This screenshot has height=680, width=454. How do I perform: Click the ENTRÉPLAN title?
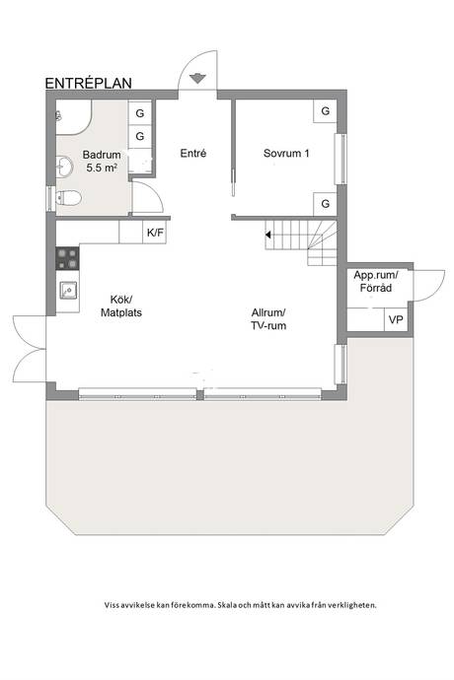pyautogui.click(x=89, y=83)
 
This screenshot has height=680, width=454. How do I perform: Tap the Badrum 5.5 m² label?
pyautogui.click(x=102, y=162)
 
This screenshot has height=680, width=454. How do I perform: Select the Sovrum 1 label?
pyautogui.click(x=286, y=153)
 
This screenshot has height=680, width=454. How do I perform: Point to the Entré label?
pyautogui.click(x=193, y=153)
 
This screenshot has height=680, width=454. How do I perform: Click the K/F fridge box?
pyautogui.click(x=155, y=233)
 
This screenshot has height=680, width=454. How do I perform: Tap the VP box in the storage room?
pyautogui.click(x=396, y=320)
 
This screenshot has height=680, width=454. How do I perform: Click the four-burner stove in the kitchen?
pyautogui.click(x=67, y=258)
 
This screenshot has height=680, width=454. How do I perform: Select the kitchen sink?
pyautogui.click(x=68, y=290)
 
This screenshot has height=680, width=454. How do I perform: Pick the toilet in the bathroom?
pyautogui.click(x=69, y=199)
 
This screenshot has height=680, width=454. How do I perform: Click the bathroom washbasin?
pyautogui.click(x=64, y=167)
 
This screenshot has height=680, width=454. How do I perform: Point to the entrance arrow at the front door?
pyautogui.click(x=197, y=78)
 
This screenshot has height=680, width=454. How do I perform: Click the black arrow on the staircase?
pyautogui.click(x=268, y=235)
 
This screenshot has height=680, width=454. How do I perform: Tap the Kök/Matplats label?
pyautogui.click(x=121, y=306)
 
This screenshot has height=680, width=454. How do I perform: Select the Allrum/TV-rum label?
pyautogui.click(x=268, y=319)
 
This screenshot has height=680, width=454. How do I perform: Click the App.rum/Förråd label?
pyautogui.click(x=376, y=282)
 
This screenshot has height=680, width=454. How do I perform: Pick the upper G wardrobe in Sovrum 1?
pyautogui.click(x=325, y=111)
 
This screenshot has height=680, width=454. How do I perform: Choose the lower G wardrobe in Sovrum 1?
pyautogui.click(x=325, y=204)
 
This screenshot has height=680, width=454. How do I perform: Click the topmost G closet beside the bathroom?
pyautogui.click(x=140, y=113)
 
